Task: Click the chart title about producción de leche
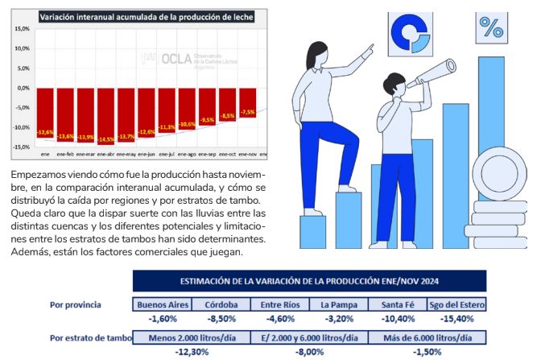pyautogui.click(x=147, y=14)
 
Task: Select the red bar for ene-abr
pyautogui.click(x=106, y=116)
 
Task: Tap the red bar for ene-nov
pyautogui.click(x=248, y=102)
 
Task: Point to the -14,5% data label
pyautogui.click(x=106, y=140)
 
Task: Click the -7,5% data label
pyautogui.click(x=248, y=112)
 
